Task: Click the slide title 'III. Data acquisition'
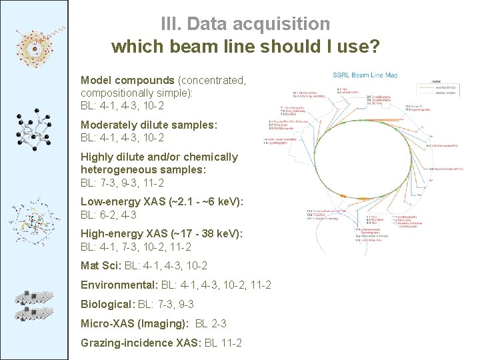245,24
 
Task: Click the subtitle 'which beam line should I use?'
245,47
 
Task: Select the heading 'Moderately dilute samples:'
149,125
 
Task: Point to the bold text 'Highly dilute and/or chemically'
159,157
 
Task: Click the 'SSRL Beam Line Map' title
365,75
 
